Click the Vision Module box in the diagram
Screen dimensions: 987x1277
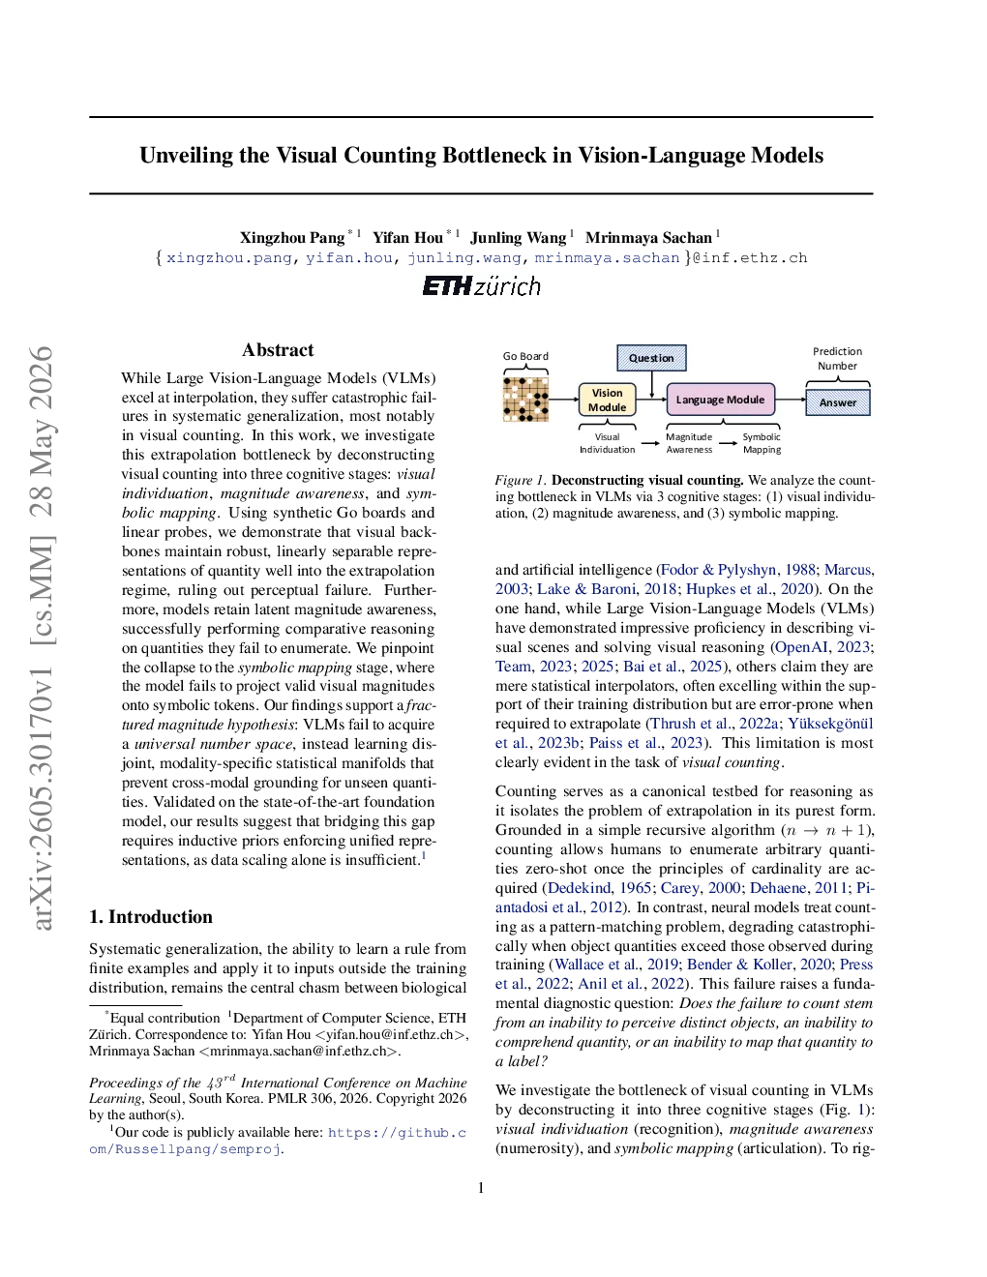click(x=607, y=400)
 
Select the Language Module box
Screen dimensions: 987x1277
click(x=720, y=400)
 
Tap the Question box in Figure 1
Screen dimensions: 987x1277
click(x=651, y=358)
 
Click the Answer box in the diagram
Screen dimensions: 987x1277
click(x=838, y=402)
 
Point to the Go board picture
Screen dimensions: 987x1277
click(x=525, y=400)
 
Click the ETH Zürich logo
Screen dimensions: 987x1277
click(x=482, y=286)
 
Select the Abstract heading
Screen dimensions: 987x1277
click(x=278, y=350)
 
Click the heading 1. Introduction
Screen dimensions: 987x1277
click(x=151, y=917)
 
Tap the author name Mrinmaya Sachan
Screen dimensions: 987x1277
click(x=648, y=237)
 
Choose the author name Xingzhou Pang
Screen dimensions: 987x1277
click(x=292, y=237)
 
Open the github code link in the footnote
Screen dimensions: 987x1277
click(x=278, y=1141)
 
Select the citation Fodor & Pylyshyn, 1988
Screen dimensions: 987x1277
click(x=738, y=570)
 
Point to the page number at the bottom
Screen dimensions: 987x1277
click(x=482, y=1188)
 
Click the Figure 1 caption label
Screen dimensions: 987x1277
click(x=521, y=480)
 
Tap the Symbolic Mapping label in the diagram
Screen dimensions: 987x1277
click(x=762, y=443)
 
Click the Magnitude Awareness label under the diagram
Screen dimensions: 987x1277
click(x=689, y=443)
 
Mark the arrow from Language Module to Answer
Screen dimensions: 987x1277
click(x=790, y=400)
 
